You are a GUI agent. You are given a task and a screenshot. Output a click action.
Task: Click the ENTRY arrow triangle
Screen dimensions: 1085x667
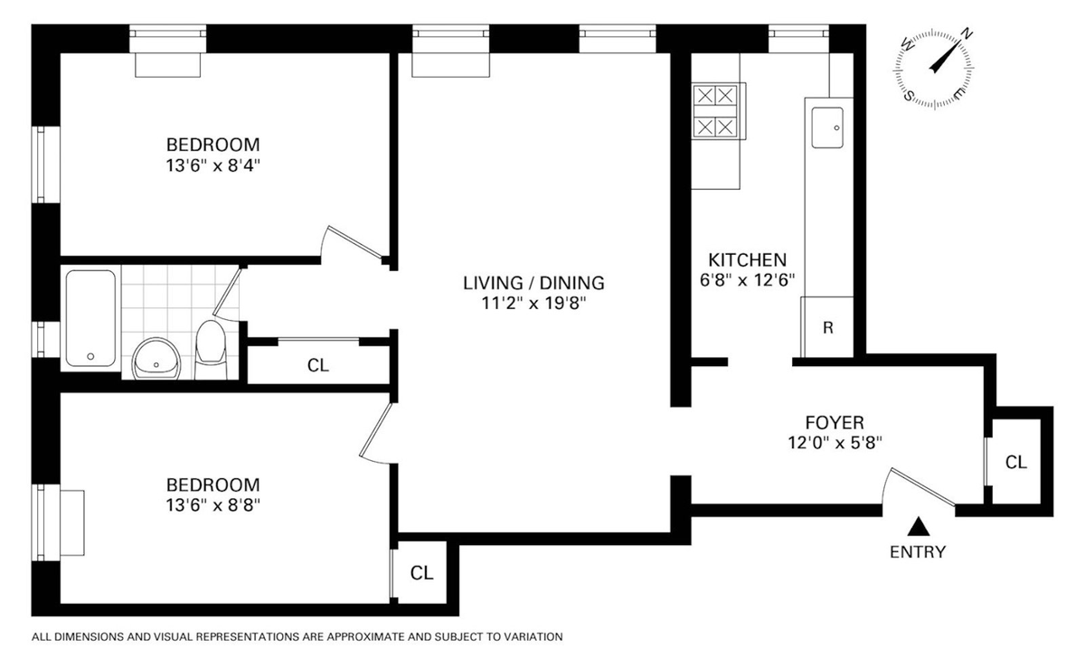919,527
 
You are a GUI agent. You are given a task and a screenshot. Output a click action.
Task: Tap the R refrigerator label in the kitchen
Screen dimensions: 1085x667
828,328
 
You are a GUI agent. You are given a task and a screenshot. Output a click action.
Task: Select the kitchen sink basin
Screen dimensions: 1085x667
827,127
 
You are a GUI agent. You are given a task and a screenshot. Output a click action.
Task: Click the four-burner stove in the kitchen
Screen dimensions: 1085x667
715,111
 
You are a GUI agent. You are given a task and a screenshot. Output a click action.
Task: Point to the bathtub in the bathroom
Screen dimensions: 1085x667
90,318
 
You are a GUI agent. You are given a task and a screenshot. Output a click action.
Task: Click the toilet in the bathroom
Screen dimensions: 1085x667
211,350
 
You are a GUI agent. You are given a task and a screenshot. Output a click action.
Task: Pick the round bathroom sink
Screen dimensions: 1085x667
156,359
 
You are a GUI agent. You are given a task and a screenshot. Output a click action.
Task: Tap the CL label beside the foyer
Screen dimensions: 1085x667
1015,462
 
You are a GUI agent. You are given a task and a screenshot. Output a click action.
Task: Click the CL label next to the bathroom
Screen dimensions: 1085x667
317,365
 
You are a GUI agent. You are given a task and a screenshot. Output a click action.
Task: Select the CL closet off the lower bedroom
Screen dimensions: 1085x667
421,573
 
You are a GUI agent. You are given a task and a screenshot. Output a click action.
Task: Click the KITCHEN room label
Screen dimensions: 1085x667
748,260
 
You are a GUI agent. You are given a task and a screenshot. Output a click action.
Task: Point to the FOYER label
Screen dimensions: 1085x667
835,423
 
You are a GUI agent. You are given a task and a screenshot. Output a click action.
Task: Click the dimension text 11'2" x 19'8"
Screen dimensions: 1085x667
533,304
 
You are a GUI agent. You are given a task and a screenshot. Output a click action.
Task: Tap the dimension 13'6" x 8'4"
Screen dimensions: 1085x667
213,165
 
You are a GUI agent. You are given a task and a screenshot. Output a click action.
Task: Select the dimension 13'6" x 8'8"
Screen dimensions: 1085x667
213,505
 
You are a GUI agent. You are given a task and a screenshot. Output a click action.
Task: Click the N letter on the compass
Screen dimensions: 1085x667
967,34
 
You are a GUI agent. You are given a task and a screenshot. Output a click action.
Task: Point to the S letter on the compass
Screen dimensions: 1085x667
908,96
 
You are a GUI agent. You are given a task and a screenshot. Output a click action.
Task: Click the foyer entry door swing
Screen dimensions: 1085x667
917,487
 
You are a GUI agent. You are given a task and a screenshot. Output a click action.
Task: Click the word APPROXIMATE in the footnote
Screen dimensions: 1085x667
365,637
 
